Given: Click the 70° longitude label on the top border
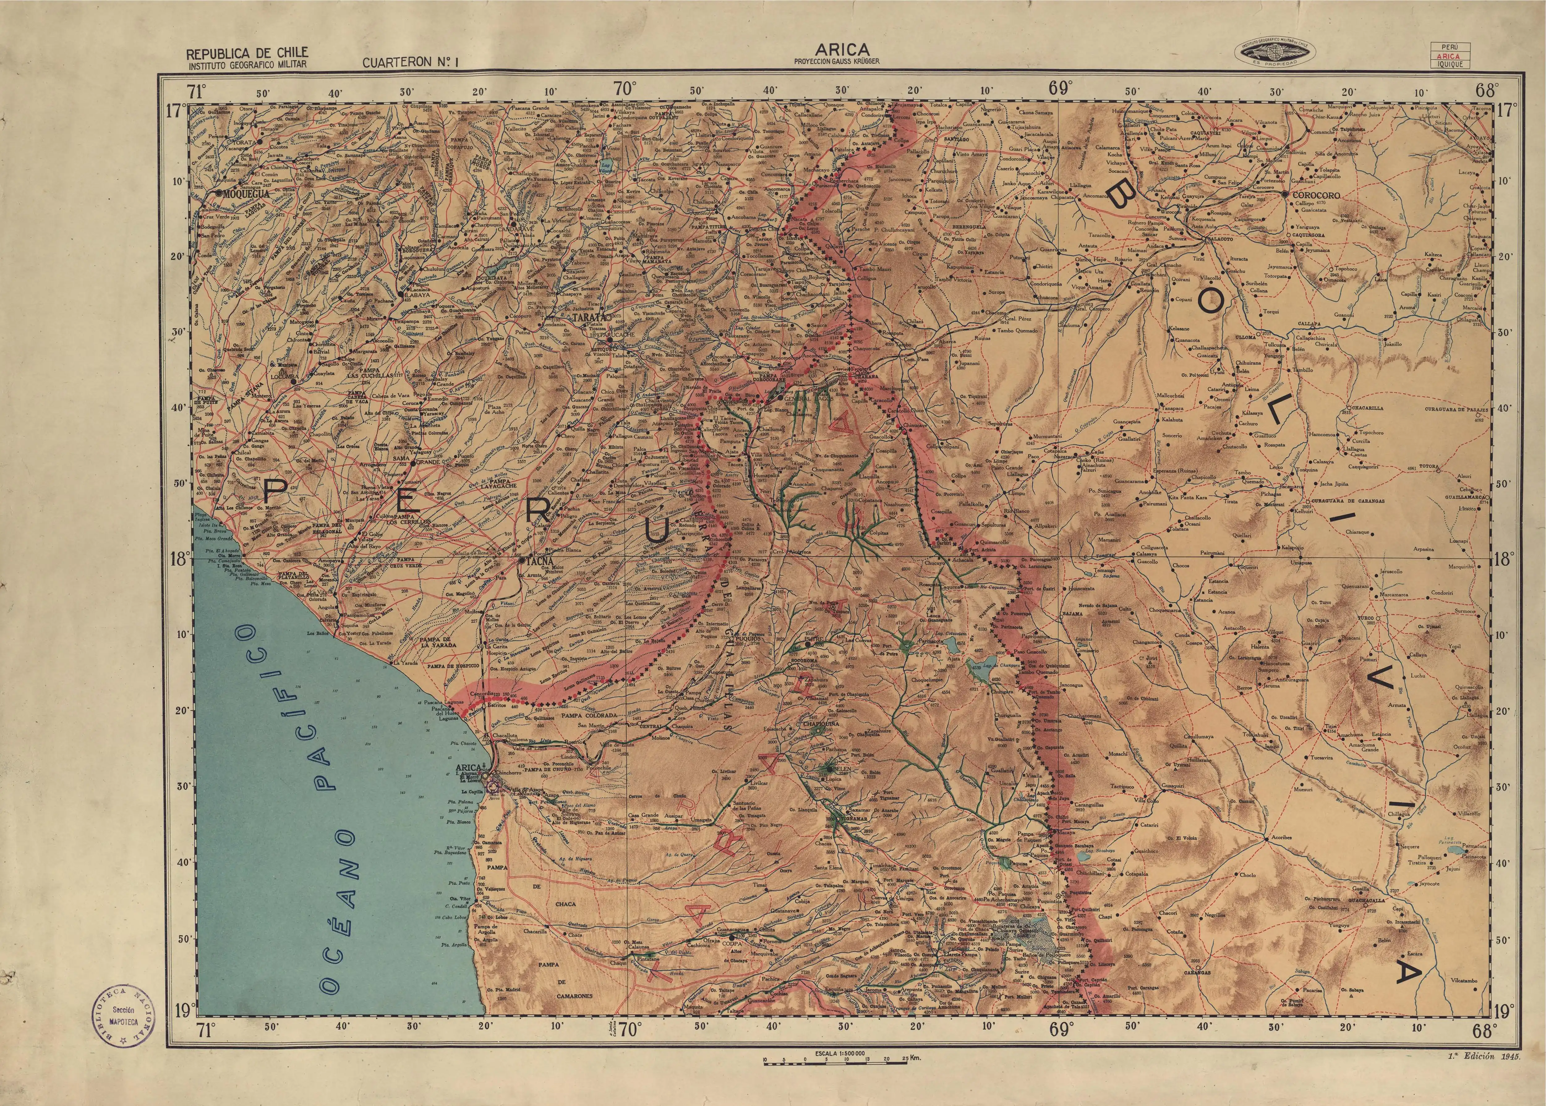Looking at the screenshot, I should (x=625, y=88).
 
